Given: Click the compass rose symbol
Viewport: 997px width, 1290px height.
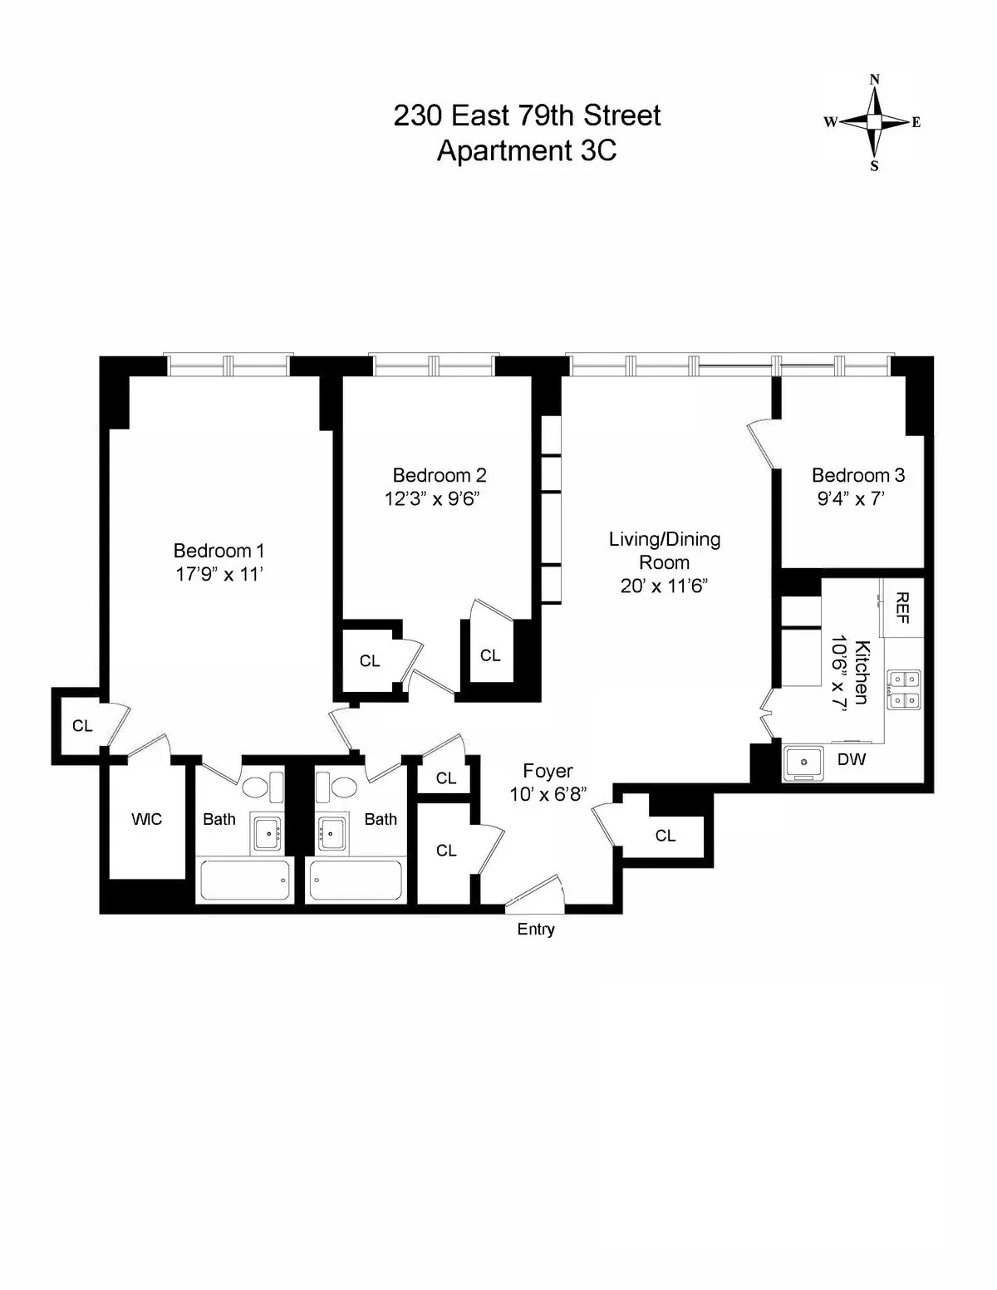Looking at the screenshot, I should (874, 122).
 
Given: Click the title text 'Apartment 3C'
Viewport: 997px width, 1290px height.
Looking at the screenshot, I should (527, 150).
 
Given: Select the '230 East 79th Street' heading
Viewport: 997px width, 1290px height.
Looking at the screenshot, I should (527, 115).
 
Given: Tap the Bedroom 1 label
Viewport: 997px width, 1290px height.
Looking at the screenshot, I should (219, 550).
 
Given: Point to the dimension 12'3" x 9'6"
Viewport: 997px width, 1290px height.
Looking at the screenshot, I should (432, 499).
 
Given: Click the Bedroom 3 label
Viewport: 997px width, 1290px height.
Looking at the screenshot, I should (857, 475).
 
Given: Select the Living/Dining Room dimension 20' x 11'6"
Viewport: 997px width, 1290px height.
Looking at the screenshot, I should (664, 586).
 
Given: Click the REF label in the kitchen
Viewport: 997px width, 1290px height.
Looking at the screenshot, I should (902, 608).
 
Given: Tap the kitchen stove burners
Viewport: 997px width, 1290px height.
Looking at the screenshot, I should (901, 689).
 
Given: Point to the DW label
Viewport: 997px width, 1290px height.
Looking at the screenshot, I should (852, 759).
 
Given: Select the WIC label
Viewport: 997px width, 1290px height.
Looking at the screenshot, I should (146, 819).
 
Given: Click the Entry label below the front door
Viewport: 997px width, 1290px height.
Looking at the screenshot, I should (535, 929).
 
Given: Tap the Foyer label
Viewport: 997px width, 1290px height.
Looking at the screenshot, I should (548, 771).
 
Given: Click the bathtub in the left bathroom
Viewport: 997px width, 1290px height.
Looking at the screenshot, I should (245, 880).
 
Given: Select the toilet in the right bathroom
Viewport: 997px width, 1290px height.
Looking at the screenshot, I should (341, 786).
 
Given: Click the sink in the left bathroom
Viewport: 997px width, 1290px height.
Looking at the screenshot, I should (267, 831).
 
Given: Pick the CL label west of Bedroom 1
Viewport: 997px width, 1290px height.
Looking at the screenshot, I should (81, 726).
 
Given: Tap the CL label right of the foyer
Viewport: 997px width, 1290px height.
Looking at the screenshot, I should (665, 836).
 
